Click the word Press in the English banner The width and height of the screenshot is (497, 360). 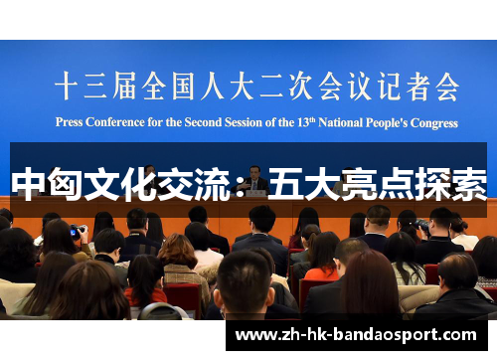(x=69, y=122)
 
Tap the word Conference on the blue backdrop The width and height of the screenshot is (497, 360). (x=115, y=122)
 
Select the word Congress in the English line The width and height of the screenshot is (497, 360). (x=434, y=123)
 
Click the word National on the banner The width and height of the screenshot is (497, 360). (x=341, y=122)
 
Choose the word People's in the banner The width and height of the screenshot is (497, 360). (x=387, y=122)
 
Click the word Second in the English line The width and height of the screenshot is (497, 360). (x=203, y=122)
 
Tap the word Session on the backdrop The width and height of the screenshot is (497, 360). (x=244, y=122)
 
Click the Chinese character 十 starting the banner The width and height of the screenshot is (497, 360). (x=67, y=86)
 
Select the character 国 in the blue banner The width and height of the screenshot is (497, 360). (x=183, y=87)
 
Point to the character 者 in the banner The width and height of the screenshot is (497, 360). (x=417, y=87)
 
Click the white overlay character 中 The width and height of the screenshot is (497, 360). (x=28, y=183)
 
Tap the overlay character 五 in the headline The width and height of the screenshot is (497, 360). (x=285, y=184)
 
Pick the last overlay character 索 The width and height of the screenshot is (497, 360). (x=469, y=184)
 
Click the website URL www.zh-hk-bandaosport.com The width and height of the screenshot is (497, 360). (x=356, y=335)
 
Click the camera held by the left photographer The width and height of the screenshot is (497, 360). (x=78, y=231)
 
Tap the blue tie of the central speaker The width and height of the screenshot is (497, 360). (x=254, y=185)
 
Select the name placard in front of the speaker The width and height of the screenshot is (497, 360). (x=255, y=193)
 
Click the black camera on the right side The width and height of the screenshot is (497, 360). (x=422, y=226)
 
